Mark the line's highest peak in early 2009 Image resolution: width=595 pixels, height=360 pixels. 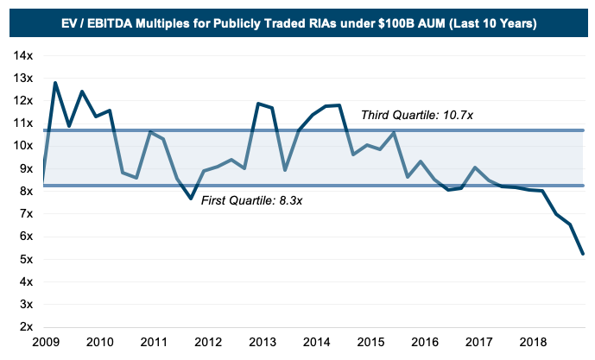click(55, 83)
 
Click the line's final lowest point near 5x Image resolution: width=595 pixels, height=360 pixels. click(583, 254)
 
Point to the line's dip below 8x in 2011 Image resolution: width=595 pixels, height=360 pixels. click(191, 199)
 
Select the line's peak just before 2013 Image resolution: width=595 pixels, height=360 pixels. click(257, 104)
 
